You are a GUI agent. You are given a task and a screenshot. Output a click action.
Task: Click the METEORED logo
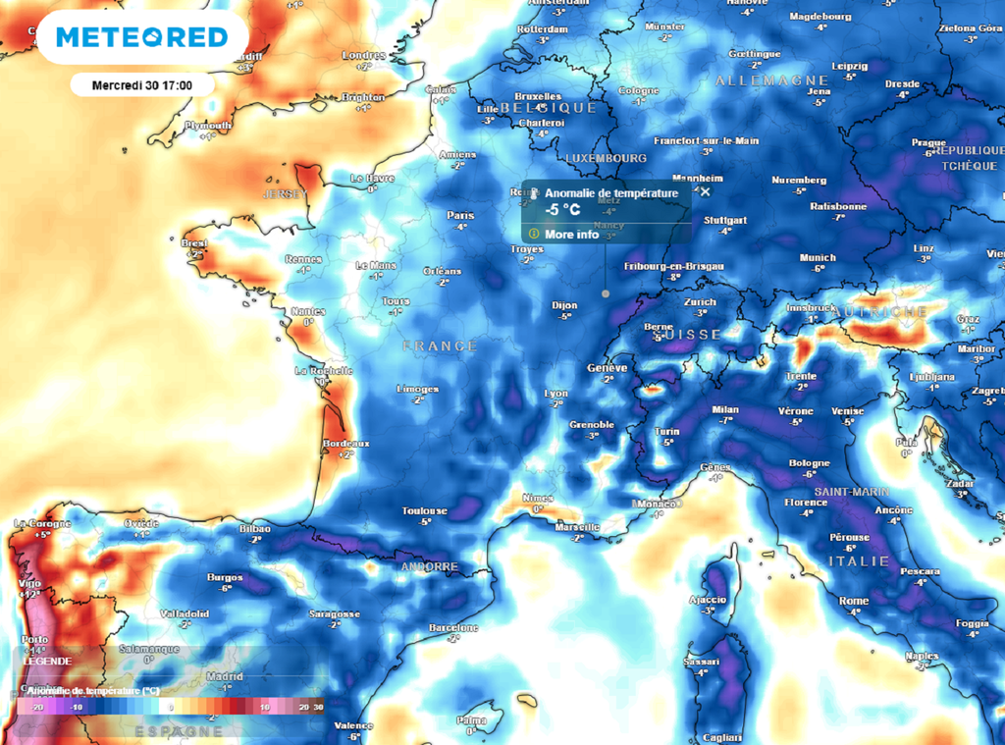pyautogui.click(x=142, y=37)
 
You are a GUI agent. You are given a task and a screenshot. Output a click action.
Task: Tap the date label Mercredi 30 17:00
pyautogui.click(x=141, y=85)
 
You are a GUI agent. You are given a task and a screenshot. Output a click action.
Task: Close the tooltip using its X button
pyautogui.click(x=705, y=192)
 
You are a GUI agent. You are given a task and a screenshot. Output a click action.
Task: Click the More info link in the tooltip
pyautogui.click(x=571, y=235)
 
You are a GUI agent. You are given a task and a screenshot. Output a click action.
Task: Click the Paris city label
pyautogui.click(x=460, y=216)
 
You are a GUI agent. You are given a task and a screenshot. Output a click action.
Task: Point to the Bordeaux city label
pyautogui.click(x=345, y=444)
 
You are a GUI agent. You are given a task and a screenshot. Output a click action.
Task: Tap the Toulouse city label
pyautogui.click(x=424, y=510)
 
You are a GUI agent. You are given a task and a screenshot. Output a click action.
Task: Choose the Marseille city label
pyautogui.click(x=576, y=527)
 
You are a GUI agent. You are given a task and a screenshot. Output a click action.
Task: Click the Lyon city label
pyautogui.click(x=555, y=394)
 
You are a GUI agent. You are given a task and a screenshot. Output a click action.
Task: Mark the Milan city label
pyautogui.click(x=725, y=409)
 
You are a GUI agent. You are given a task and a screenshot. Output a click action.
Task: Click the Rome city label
pyautogui.click(x=854, y=601)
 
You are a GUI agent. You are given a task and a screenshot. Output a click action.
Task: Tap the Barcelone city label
pyautogui.click(x=453, y=627)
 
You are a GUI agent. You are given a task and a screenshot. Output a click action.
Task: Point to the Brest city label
pyautogui.click(x=194, y=242)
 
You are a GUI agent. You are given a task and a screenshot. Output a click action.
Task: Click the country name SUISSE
pyautogui.click(x=682, y=335)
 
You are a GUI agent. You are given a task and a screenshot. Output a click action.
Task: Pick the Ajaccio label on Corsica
pyautogui.click(x=708, y=599)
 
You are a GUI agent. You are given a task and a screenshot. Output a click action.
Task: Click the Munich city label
pyautogui.click(x=818, y=258)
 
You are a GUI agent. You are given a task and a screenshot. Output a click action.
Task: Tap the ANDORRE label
pyautogui.click(x=429, y=567)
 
